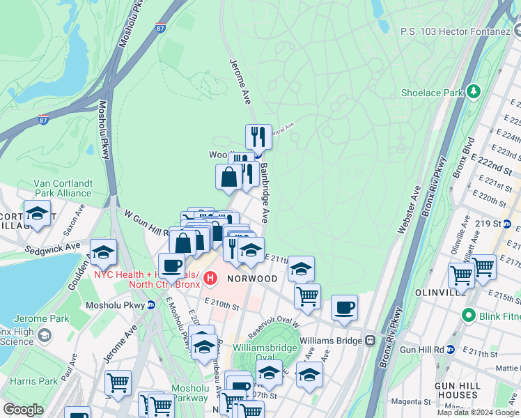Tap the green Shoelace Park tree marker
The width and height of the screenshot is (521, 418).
(x=474, y=91)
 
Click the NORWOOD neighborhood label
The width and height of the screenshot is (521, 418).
(x=251, y=279)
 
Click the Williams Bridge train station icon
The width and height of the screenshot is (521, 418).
(x=371, y=341)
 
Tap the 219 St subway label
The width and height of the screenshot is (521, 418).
(x=488, y=224)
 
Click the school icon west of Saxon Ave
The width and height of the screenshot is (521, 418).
(x=38, y=212)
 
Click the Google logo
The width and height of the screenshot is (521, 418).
(x=24, y=410)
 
